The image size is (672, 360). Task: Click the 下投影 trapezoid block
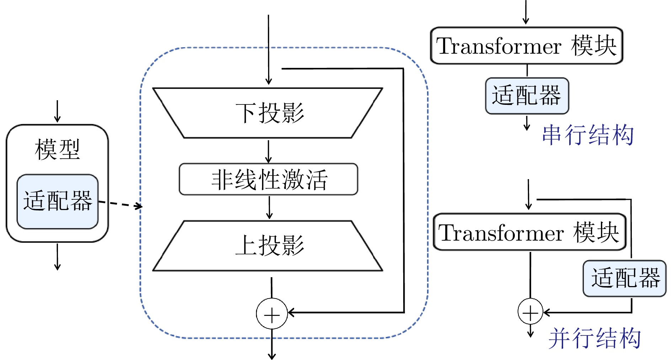click(x=268, y=113)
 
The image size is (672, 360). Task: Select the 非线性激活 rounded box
click(x=268, y=179)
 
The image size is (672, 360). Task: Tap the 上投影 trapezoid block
click(x=268, y=246)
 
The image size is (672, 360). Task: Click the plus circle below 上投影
click(x=272, y=314)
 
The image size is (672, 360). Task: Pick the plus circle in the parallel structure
click(x=530, y=312)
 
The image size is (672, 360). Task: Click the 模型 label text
click(x=57, y=149)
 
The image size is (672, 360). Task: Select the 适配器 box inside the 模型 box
click(x=58, y=201)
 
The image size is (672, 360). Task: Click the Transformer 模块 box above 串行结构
click(x=527, y=46)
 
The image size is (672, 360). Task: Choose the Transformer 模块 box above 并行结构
click(x=529, y=232)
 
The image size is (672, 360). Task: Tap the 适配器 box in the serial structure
click(x=527, y=96)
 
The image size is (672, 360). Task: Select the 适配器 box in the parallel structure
click(x=625, y=278)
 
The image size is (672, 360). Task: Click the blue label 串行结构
click(x=588, y=135)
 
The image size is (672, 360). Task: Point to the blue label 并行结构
click(x=594, y=338)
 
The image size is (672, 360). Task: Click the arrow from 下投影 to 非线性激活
click(x=268, y=151)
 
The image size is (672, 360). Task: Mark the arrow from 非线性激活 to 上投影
click(x=269, y=208)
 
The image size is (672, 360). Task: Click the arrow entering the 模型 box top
click(x=57, y=112)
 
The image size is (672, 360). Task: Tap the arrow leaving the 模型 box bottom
click(x=57, y=257)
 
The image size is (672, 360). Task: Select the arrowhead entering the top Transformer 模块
click(x=526, y=21)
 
